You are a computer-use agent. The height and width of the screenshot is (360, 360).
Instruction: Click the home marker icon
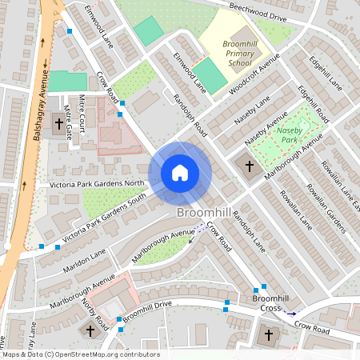[179, 173]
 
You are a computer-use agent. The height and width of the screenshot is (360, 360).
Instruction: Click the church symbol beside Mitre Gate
[58, 125]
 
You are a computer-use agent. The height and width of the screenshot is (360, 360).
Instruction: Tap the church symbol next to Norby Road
[90, 330]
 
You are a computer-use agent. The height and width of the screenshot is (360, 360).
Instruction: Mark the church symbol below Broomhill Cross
[268, 334]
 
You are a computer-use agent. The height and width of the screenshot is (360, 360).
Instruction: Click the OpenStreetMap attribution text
[80, 354]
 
